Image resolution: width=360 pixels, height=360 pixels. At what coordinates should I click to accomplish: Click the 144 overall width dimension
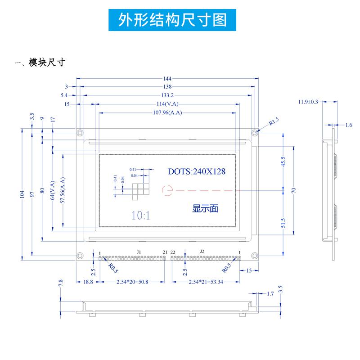[x=167, y=78]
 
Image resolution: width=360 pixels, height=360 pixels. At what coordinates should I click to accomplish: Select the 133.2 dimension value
[x=167, y=95]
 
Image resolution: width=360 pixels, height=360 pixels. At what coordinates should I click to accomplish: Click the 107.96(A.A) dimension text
[x=167, y=112]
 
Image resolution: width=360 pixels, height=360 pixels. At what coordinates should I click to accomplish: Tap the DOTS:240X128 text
[x=196, y=171]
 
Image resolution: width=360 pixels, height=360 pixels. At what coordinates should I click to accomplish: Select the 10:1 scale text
[x=141, y=215]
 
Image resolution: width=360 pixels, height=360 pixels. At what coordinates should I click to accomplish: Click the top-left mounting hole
[x=80, y=133]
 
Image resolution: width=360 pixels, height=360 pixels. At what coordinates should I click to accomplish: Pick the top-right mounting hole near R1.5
[x=254, y=133]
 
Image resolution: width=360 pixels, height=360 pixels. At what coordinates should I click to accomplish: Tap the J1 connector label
[x=139, y=251]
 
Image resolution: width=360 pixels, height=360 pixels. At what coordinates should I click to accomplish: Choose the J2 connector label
[x=202, y=251]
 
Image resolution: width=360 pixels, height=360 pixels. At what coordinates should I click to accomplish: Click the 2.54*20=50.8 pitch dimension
[x=132, y=282]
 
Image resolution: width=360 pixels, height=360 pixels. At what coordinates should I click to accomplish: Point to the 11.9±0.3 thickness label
[x=308, y=102]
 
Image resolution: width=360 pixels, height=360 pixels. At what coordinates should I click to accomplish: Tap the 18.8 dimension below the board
[x=88, y=282]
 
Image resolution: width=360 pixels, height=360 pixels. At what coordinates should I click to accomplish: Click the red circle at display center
[x=167, y=191]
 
